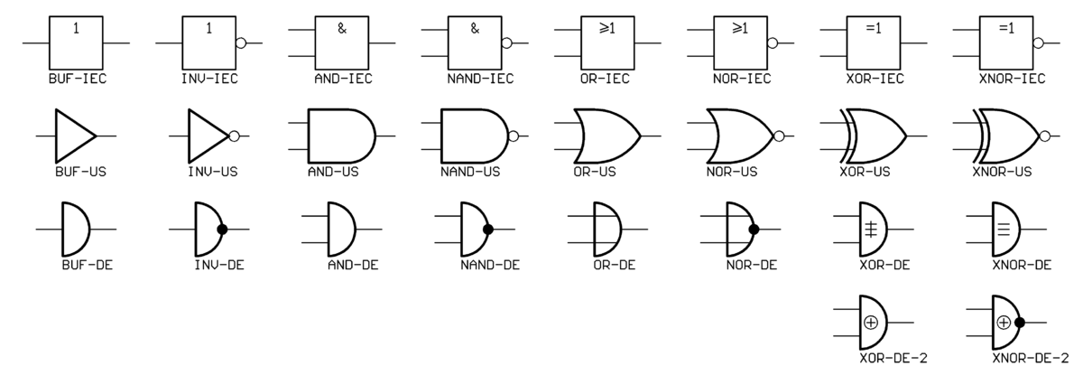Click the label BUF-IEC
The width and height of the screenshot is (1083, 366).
(x=77, y=79)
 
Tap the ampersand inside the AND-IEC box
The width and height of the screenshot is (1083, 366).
(x=342, y=28)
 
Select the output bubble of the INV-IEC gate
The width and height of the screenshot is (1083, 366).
(x=240, y=42)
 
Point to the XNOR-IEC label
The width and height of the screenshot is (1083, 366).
(x=1012, y=79)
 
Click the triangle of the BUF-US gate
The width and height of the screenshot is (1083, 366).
(x=72, y=136)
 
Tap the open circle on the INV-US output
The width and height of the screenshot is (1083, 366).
(x=235, y=136)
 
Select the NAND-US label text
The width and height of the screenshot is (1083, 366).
(x=470, y=172)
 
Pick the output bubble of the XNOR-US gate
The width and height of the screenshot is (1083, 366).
(x=1045, y=136)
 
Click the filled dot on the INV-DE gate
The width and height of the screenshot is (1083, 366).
(x=222, y=230)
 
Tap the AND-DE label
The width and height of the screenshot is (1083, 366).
(x=347, y=266)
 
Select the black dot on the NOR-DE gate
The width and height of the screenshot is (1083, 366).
(x=754, y=230)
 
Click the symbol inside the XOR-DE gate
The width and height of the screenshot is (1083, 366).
(x=871, y=229)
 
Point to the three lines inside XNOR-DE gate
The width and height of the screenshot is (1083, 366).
(x=1004, y=229)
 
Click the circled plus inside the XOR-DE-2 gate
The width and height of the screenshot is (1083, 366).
(x=871, y=322)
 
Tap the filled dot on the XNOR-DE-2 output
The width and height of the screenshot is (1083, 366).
(x=1020, y=322)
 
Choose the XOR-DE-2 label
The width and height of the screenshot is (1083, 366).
(x=893, y=358)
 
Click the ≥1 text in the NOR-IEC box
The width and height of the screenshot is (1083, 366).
(x=741, y=28)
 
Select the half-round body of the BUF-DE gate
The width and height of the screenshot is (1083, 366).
(x=74, y=230)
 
